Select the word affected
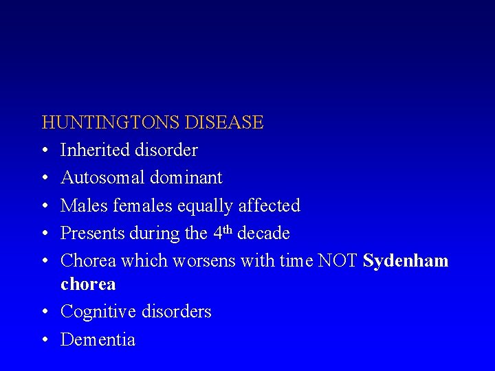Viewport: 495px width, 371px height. pyautogui.click(x=268, y=205)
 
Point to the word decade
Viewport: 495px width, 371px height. pyautogui.click(x=263, y=234)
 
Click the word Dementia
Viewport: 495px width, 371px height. pyautogui.click(x=98, y=339)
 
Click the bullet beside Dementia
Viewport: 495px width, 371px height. pyautogui.click(x=45, y=340)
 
